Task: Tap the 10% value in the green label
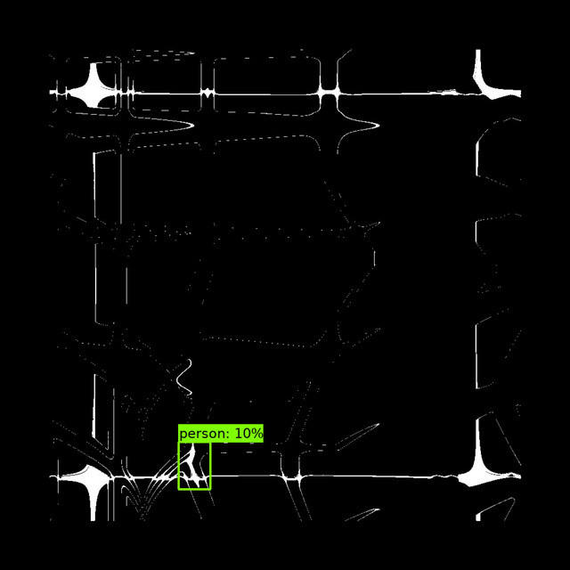point(248,434)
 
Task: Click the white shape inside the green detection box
point(191,467)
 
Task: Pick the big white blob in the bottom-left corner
point(91,480)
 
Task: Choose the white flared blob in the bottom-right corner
point(480,473)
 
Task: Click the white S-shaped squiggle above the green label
point(184,377)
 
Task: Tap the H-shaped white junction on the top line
point(329,94)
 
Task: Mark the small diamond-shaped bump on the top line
point(207,93)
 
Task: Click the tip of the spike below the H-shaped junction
point(379,126)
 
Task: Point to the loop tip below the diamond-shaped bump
point(193,126)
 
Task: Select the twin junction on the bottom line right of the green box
point(291,476)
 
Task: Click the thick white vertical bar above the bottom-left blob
point(95,406)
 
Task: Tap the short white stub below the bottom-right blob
point(478,517)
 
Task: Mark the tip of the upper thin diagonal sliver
point(379,424)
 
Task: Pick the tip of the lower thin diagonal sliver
point(379,509)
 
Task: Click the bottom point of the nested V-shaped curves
point(142,516)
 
